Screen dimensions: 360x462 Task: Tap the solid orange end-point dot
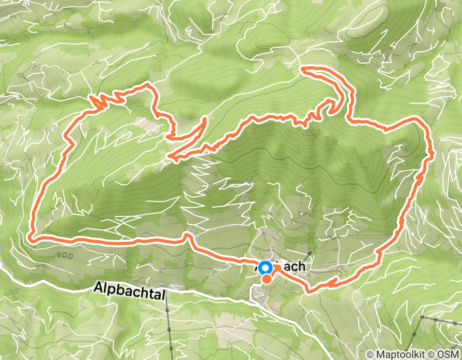(x=267, y=279)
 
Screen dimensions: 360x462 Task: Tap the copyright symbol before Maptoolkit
(x=371, y=354)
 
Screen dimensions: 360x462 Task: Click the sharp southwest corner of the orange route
(x=31, y=238)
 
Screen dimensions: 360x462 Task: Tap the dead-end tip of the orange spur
(x=205, y=119)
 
